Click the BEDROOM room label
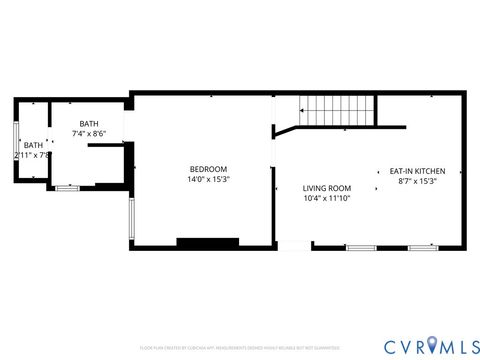click(x=208, y=169)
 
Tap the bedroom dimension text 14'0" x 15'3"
click(x=208, y=180)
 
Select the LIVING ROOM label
click(x=327, y=187)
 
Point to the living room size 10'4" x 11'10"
click(x=327, y=198)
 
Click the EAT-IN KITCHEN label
click(x=417, y=171)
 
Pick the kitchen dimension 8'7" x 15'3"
click(x=417, y=181)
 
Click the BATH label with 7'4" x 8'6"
click(x=89, y=123)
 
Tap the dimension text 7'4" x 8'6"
click(x=89, y=133)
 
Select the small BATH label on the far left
click(x=33, y=145)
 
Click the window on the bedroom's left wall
click(x=131, y=219)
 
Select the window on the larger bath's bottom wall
click(x=67, y=188)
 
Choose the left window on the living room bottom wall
click(x=360, y=247)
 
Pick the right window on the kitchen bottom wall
click(x=423, y=247)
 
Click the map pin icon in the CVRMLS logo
click(x=432, y=345)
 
